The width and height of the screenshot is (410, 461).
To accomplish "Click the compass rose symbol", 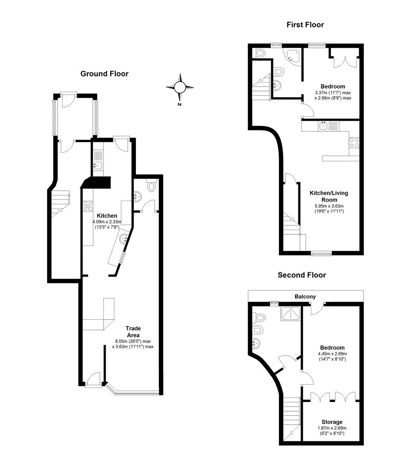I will pos(180,88).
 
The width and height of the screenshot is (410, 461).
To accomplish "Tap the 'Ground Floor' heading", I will pos(104,74).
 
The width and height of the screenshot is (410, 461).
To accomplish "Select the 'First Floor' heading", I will pos(305,25).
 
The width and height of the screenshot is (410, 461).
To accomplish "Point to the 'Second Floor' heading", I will pos(302,275).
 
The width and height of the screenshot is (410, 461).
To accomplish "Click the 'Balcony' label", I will pos(305,296).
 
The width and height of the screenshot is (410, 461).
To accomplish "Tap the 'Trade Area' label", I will pos(133,332).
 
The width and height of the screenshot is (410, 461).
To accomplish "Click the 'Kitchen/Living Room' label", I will pos(328,196).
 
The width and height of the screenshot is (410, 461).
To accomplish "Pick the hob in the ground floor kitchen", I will pos(88,206).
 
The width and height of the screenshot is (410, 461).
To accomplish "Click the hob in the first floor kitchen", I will pos(354,143).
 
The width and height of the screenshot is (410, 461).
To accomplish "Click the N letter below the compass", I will pos(180,105).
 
